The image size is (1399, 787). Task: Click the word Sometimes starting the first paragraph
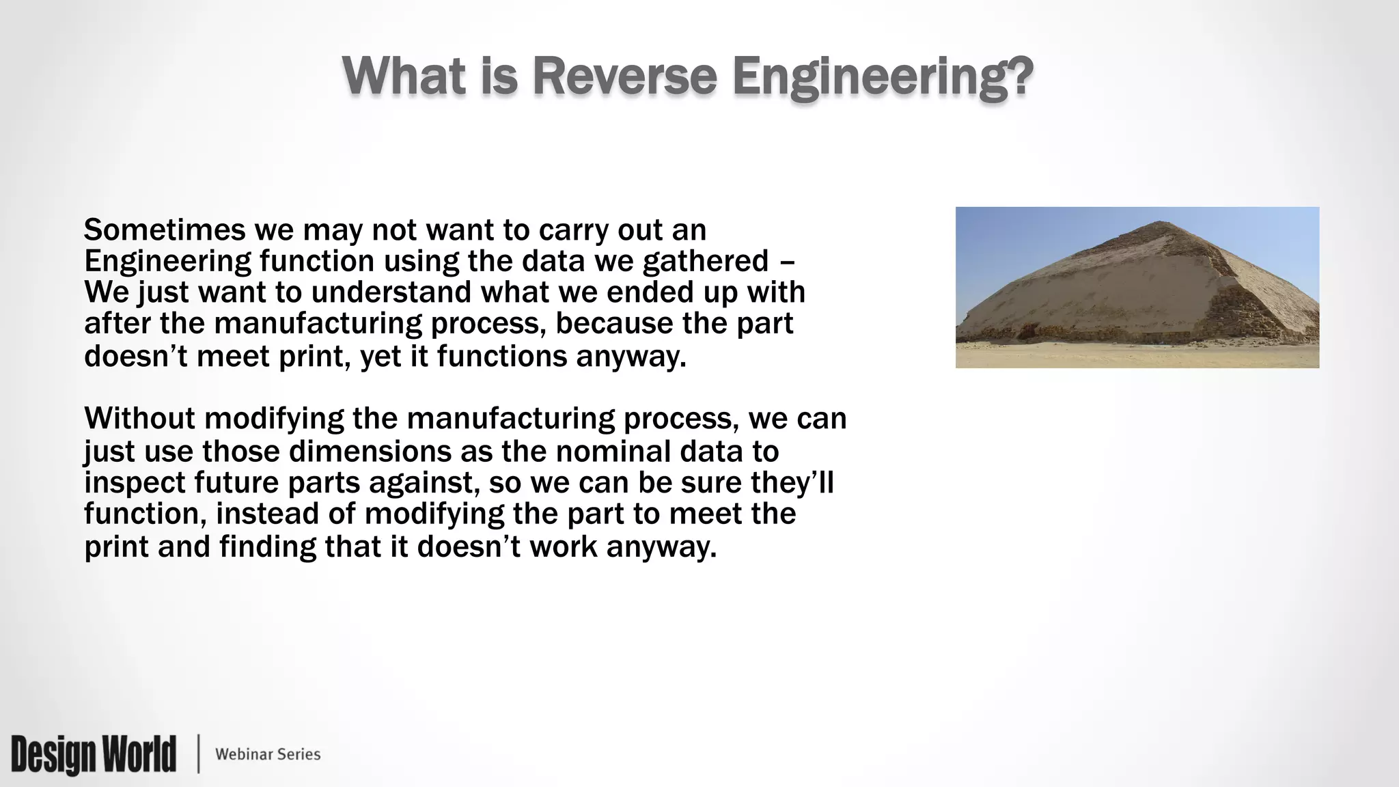point(164,230)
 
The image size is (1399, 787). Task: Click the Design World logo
point(94,754)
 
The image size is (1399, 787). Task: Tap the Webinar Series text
point(268,754)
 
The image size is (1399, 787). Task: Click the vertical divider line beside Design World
point(199,754)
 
